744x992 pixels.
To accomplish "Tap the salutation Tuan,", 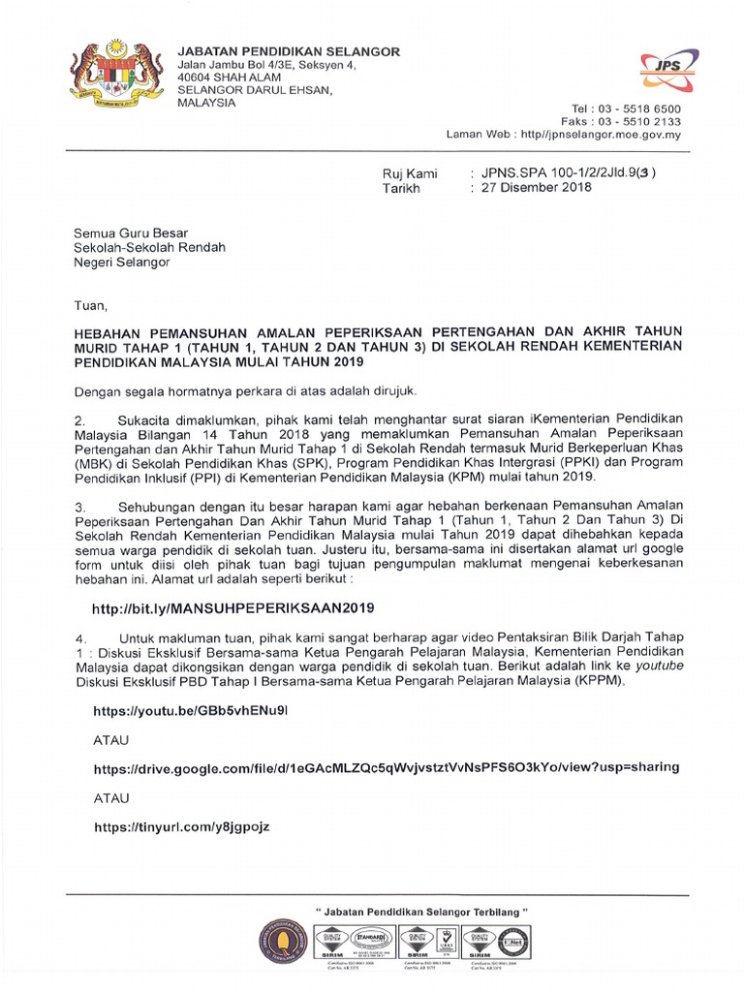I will tap(92, 306).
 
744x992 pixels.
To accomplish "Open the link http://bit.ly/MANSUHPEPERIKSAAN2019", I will tap(232, 608).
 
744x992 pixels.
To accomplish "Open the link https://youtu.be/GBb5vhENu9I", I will tap(190, 710).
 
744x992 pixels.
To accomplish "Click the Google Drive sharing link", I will tap(386, 766).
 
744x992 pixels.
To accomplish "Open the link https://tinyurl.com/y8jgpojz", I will tap(181, 826).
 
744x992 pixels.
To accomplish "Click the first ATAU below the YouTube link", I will tap(109, 738).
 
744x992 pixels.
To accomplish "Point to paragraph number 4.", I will tap(81, 638).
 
